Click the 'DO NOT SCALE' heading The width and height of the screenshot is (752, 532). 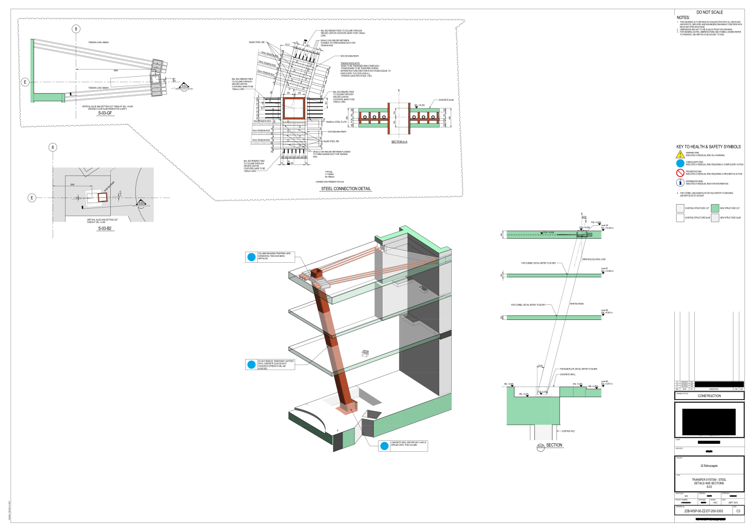pyautogui.click(x=709, y=12)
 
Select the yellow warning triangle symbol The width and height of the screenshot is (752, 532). pyautogui.click(x=680, y=154)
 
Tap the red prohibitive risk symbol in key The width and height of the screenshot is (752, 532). pyautogui.click(x=680, y=172)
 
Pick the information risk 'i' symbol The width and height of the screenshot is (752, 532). pyautogui.click(x=680, y=183)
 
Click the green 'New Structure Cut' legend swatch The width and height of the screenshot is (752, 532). pyautogui.click(x=715, y=208)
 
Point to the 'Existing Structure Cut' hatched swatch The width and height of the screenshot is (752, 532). pyautogui.click(x=680, y=208)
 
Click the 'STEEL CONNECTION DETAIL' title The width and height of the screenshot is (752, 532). pyautogui.click(x=346, y=189)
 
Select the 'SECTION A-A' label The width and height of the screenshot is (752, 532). pyautogui.click(x=399, y=142)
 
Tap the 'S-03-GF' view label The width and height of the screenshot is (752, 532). pyautogui.click(x=105, y=113)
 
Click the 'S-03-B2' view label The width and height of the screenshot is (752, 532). pyautogui.click(x=105, y=229)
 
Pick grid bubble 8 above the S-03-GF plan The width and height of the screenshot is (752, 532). pyautogui.click(x=76, y=29)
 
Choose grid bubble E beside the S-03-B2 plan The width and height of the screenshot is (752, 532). pyautogui.click(x=32, y=198)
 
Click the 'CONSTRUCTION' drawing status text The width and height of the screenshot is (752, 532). pyautogui.click(x=709, y=396)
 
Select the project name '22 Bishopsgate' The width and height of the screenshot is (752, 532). pyautogui.click(x=709, y=466)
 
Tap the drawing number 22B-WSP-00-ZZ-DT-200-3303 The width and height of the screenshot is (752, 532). pyautogui.click(x=703, y=511)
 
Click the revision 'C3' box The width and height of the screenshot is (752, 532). pyautogui.click(x=738, y=511)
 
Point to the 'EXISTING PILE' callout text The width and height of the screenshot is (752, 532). pyautogui.click(x=568, y=431)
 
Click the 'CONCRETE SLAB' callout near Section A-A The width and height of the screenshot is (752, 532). pyautogui.click(x=446, y=100)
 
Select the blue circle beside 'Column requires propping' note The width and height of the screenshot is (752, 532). pyautogui.click(x=252, y=257)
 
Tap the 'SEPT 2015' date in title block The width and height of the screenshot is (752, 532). pyautogui.click(x=733, y=502)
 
